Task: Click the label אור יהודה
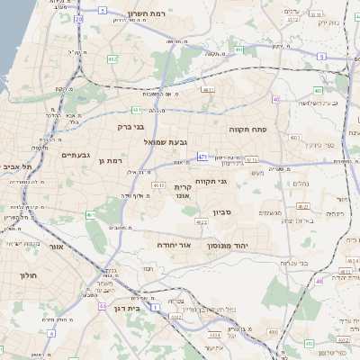coord(168,244)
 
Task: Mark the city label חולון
coord(28,275)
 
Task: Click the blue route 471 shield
coord(204,157)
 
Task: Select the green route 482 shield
coord(112,58)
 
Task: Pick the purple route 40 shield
coord(276,99)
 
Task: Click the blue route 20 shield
coord(79,18)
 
